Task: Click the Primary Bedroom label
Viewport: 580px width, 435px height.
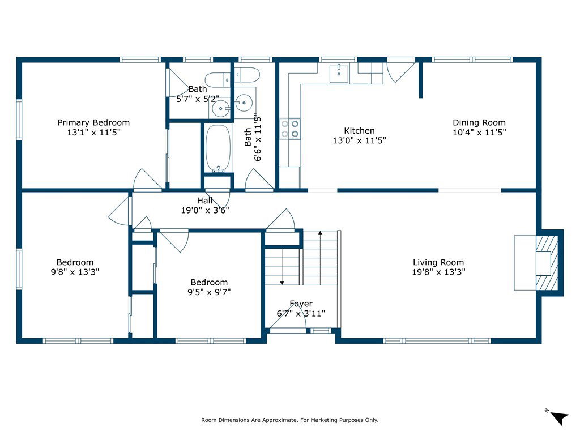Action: (x=93, y=122)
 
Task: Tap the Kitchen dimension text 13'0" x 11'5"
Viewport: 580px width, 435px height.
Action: (x=359, y=140)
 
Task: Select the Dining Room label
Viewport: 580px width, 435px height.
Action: (x=479, y=122)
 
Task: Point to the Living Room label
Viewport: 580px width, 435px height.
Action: (x=438, y=262)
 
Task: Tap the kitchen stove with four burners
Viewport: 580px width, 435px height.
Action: (x=289, y=129)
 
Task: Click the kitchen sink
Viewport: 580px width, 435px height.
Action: (x=339, y=72)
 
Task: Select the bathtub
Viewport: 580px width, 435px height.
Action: (x=218, y=148)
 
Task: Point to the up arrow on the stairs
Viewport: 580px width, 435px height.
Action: (x=320, y=233)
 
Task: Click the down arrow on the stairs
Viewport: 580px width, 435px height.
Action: (x=282, y=283)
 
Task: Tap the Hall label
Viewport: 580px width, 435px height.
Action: (x=205, y=201)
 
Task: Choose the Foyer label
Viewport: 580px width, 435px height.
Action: (x=301, y=304)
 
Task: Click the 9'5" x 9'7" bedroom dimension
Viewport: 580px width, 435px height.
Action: (x=209, y=292)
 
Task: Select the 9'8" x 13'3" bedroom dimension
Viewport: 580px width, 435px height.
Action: (x=75, y=272)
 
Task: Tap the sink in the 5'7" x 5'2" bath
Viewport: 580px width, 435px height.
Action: (x=221, y=108)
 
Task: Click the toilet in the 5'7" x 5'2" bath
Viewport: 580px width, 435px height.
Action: (x=218, y=79)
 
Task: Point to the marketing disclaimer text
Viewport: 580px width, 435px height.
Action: (x=289, y=420)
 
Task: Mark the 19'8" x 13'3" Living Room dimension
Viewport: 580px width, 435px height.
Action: (x=439, y=272)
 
